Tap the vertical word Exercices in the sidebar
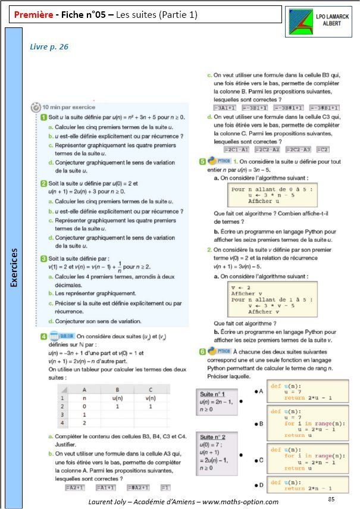(14, 267)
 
